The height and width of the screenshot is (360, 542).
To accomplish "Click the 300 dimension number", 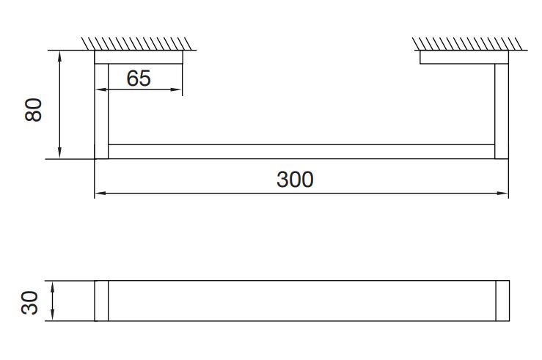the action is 295,180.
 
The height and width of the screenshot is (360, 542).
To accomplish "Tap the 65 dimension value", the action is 139,78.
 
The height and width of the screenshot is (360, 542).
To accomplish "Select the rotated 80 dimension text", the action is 34,109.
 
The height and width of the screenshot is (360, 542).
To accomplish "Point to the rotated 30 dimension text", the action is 30,303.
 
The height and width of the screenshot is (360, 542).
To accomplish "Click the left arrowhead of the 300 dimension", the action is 100,193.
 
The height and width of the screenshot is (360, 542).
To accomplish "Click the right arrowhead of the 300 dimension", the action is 503,193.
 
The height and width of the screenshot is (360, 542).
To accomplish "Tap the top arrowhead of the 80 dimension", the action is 60,56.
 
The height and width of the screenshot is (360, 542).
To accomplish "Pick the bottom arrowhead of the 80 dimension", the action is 60,153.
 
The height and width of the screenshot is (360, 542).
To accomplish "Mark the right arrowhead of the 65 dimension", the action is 176,90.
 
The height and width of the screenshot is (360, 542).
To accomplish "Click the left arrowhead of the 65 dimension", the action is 101,90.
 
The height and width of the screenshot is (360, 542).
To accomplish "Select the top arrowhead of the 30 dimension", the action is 53,287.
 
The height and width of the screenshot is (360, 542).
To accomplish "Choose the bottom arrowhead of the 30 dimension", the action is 53,315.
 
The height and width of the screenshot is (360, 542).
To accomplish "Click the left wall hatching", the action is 136,43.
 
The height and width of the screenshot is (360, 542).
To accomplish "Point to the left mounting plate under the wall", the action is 139,57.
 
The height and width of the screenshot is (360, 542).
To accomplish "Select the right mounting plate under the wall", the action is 464,57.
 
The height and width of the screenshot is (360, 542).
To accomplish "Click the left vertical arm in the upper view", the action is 101,111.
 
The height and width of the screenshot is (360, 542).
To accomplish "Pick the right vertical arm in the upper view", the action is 502,111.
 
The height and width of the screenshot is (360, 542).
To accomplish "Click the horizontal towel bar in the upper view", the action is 301,152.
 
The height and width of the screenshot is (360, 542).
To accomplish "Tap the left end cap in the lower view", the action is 101,301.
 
